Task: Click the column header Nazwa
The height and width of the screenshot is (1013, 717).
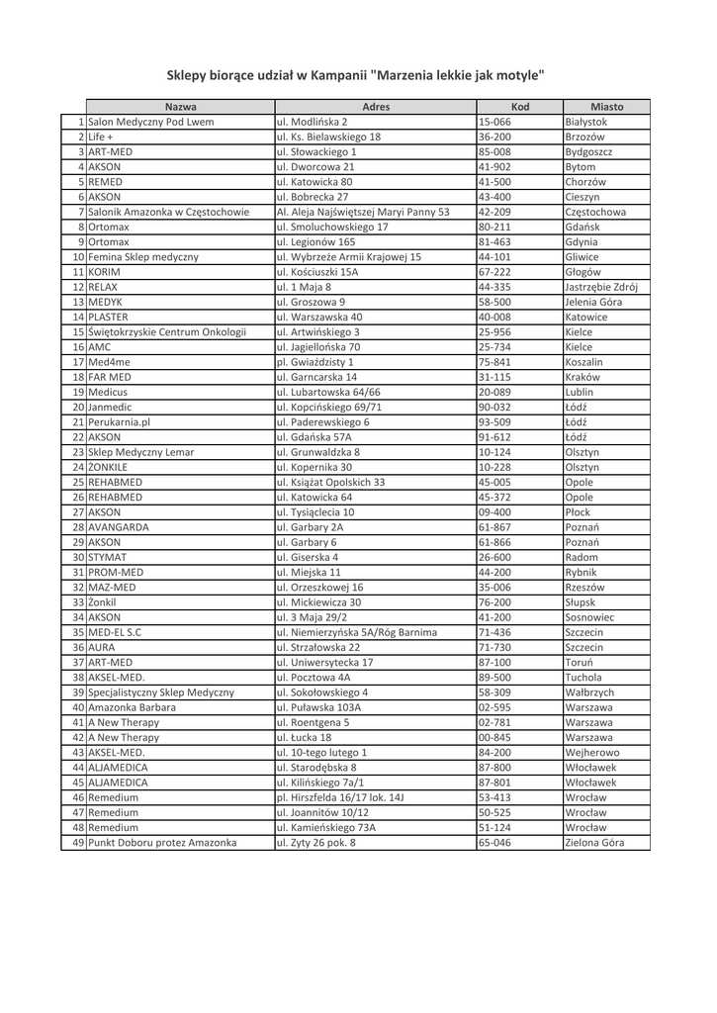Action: [x=180, y=107]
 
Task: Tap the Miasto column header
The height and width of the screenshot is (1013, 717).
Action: [x=606, y=107]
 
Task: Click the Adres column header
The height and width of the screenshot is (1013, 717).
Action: [x=375, y=107]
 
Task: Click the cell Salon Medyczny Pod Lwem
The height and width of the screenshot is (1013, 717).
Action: [x=151, y=122]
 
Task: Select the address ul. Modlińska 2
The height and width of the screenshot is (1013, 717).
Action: [x=313, y=122]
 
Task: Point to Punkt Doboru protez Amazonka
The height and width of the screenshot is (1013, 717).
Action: [x=162, y=843]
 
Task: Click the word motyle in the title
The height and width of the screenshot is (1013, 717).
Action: [x=519, y=75]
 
